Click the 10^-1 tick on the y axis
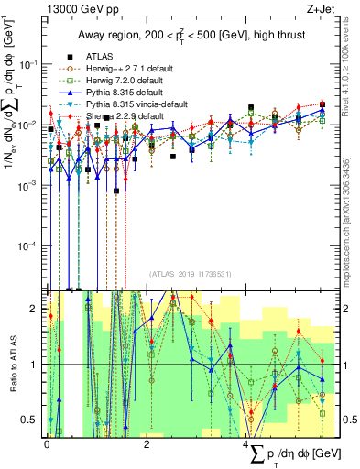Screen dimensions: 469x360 pos(31,64)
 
